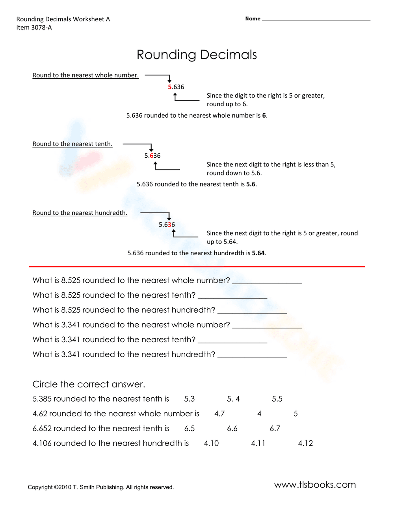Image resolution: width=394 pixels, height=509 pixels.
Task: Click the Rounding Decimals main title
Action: click(x=197, y=55)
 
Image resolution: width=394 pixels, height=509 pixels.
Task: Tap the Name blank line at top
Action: click(x=316, y=19)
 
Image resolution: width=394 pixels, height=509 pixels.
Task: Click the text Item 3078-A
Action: click(x=34, y=28)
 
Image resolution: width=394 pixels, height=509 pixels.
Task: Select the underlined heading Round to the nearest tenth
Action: click(x=72, y=144)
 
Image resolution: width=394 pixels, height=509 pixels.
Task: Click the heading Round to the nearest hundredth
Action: click(x=80, y=213)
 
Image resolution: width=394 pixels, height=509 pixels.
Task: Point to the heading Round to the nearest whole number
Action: click(x=85, y=75)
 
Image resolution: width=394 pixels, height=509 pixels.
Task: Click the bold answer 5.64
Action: click(x=258, y=253)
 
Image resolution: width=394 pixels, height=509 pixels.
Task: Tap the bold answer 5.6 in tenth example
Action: click(x=251, y=184)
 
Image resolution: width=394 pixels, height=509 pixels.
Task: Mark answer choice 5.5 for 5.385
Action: click(x=277, y=399)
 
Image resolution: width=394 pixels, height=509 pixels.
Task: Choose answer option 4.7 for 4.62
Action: click(x=219, y=414)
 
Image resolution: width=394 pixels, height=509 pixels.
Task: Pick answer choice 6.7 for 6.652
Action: click(x=275, y=428)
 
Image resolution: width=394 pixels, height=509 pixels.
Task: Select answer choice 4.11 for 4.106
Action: click(x=258, y=443)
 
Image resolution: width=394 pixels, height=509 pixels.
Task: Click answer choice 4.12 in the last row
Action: click(x=305, y=443)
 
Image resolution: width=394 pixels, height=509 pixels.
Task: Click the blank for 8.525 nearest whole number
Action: click(x=267, y=281)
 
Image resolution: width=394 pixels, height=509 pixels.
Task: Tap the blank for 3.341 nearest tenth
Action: click(x=232, y=340)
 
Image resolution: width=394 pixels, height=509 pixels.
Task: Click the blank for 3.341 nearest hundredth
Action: click(x=252, y=355)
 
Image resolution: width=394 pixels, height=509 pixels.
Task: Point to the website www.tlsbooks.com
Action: click(x=315, y=485)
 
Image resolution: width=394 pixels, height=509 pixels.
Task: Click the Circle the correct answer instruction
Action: click(x=89, y=384)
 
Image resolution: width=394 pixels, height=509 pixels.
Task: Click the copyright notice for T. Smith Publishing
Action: click(x=100, y=487)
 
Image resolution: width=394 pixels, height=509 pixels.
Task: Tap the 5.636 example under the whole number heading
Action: click(x=176, y=87)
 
